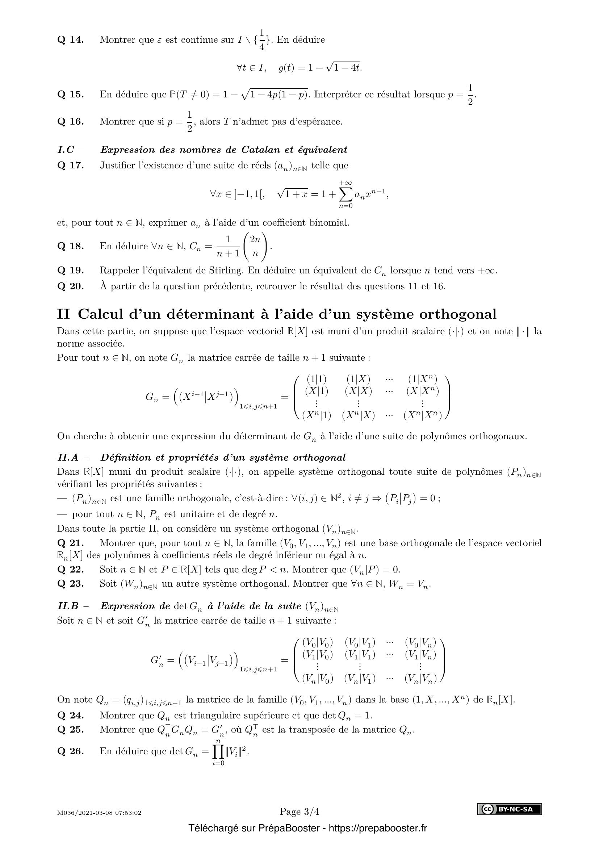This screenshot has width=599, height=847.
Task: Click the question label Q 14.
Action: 71,40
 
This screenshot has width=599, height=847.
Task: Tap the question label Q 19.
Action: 71,271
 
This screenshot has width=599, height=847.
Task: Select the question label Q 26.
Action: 71,751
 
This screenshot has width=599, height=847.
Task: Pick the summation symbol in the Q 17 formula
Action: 345,194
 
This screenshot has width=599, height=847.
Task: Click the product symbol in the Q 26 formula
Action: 218,751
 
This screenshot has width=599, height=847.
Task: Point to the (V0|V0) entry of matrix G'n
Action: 318,642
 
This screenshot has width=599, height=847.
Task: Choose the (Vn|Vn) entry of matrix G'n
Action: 420,678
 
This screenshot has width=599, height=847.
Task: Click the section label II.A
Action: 68,457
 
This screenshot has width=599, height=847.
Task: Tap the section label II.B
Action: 68,606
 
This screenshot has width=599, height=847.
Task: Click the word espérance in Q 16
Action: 321,122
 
